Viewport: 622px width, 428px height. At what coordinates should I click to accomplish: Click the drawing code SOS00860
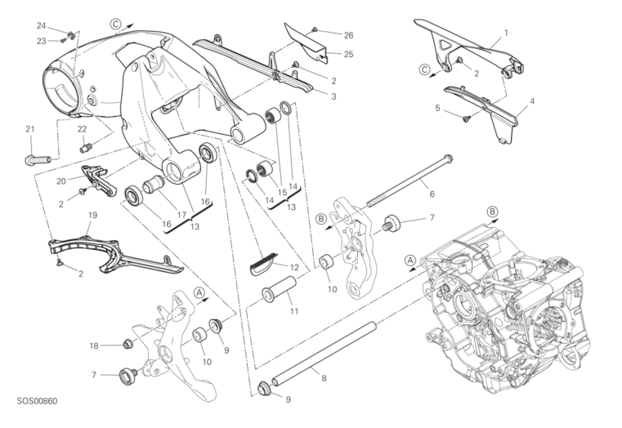37,403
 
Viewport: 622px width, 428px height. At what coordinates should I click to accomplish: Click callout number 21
30,129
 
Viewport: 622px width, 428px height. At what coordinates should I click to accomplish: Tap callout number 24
41,25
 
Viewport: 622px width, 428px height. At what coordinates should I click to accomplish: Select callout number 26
348,35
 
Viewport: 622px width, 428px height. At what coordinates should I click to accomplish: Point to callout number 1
506,33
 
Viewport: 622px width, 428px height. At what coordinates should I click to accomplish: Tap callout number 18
94,346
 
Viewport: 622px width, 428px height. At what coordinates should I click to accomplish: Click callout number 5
438,108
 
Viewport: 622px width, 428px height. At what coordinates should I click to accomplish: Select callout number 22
82,129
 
